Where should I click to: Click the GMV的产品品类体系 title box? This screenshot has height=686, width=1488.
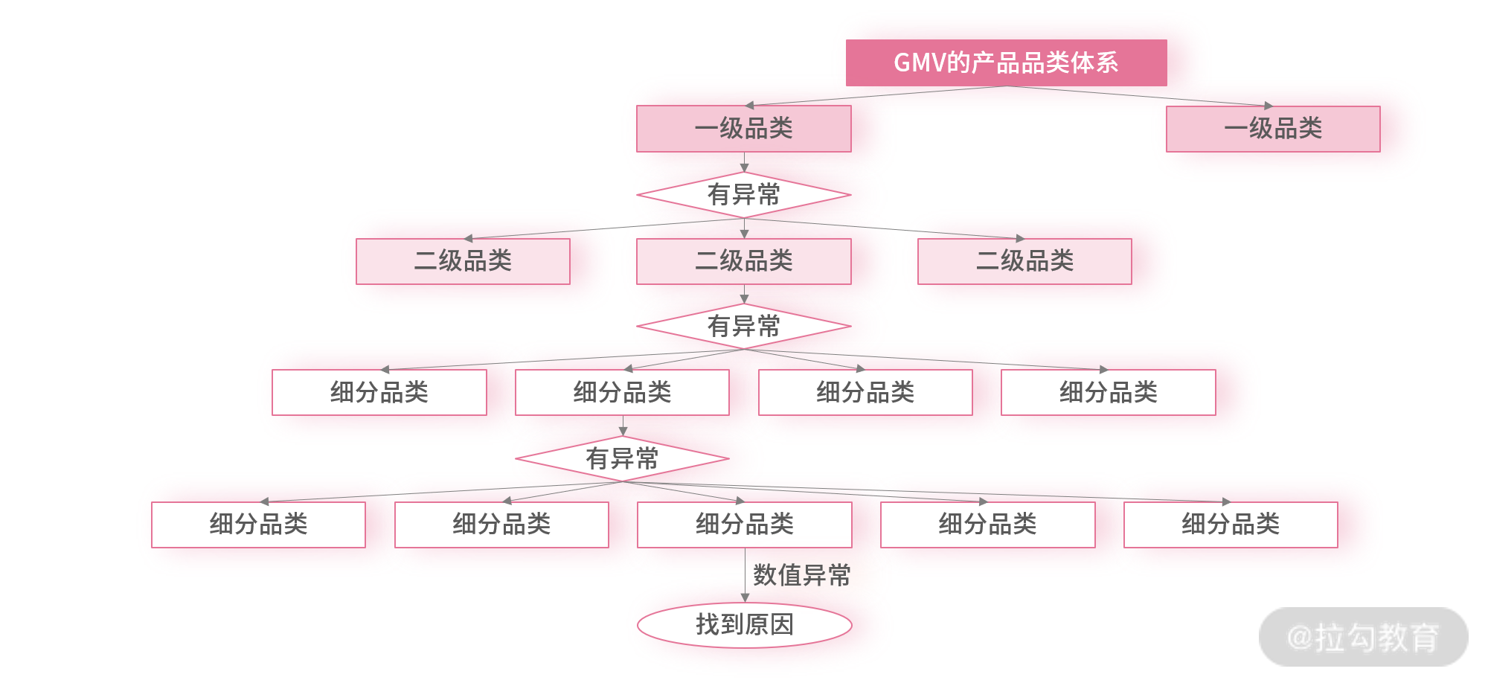click(x=1006, y=62)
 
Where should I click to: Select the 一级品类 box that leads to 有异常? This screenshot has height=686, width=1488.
click(x=743, y=129)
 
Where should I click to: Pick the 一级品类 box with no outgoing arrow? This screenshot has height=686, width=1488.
click(x=1272, y=129)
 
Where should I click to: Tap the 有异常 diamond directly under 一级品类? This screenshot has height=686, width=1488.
click(x=743, y=195)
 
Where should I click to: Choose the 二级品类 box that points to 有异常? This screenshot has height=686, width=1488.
click(x=743, y=261)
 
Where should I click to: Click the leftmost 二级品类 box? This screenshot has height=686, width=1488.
click(x=463, y=261)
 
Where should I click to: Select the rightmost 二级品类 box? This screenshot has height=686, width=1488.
click(x=1024, y=261)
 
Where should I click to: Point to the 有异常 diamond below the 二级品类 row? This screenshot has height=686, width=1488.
click(x=743, y=326)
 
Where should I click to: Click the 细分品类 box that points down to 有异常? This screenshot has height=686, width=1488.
click(x=622, y=392)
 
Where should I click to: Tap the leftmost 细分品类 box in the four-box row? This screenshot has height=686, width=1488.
click(x=379, y=392)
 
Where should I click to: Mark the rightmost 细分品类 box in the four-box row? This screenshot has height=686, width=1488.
click(x=1108, y=392)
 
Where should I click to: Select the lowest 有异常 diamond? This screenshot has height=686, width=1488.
click(x=622, y=458)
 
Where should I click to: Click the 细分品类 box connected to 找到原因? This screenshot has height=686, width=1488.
click(x=744, y=525)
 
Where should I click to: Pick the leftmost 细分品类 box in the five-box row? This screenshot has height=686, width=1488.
click(x=258, y=525)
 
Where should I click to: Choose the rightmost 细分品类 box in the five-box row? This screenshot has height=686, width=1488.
click(x=1231, y=525)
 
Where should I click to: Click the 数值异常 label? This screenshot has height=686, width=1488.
click(x=801, y=575)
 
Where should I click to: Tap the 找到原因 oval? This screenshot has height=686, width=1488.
click(x=744, y=625)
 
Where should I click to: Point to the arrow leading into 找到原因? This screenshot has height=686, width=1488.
click(x=745, y=588)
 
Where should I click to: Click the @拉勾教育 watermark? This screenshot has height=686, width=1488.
click(x=1363, y=638)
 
